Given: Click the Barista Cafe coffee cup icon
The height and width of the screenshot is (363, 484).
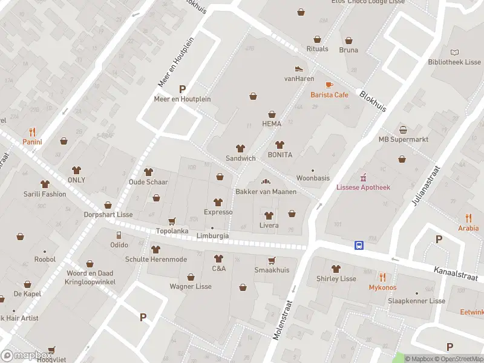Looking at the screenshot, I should (329, 85).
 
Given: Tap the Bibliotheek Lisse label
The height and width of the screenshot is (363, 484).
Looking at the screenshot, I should (454, 62).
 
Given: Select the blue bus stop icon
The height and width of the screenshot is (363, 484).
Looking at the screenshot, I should (359, 245).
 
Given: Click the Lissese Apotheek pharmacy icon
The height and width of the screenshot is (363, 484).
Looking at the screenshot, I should (363, 177).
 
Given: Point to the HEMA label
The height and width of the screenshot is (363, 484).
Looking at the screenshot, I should (272, 123).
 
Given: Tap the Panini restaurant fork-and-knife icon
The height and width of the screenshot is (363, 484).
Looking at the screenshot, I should (32, 132).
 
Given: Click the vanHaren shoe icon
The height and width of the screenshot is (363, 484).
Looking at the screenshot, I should (298, 68).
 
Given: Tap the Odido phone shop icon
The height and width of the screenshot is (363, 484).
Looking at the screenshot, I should (119, 235).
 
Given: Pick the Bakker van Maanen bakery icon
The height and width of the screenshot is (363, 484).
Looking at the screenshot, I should (265, 181).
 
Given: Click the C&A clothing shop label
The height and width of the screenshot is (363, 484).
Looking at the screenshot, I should (218, 268).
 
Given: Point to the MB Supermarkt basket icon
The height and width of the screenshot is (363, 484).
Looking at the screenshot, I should (403, 129).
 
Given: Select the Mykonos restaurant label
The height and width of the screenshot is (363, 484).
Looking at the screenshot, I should (382, 287).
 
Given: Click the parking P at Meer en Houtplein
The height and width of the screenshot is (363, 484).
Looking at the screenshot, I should (182, 88).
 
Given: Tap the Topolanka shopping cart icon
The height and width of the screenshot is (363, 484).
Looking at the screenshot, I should (172, 221).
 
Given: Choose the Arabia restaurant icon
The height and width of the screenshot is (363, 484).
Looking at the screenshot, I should (468, 218).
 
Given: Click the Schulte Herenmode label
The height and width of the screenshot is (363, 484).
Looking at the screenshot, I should (155, 259).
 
